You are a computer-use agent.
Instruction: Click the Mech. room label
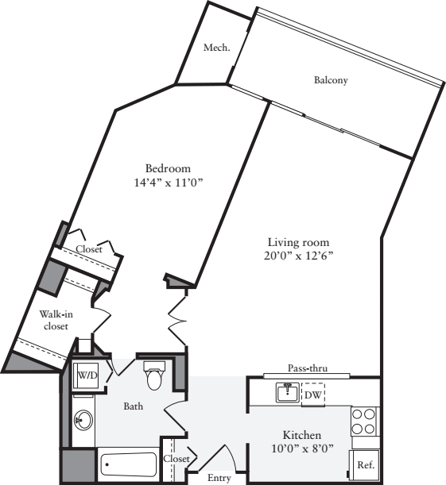[216, 48]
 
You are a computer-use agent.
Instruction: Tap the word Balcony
[331, 80]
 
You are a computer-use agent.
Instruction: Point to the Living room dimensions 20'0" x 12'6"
[298, 256]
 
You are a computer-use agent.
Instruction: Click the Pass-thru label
[308, 368]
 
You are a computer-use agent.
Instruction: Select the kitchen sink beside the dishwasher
[286, 392]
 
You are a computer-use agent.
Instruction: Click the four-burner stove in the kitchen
[365, 421]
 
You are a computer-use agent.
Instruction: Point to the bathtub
[129, 464]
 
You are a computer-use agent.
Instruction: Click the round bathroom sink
[82, 420]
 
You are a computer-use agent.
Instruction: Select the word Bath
[133, 406]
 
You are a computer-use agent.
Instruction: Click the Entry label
[219, 478]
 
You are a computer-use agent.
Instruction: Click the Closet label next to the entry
[176, 459]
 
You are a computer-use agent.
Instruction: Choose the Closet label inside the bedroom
[89, 249]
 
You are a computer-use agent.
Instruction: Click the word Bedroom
[168, 168]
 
